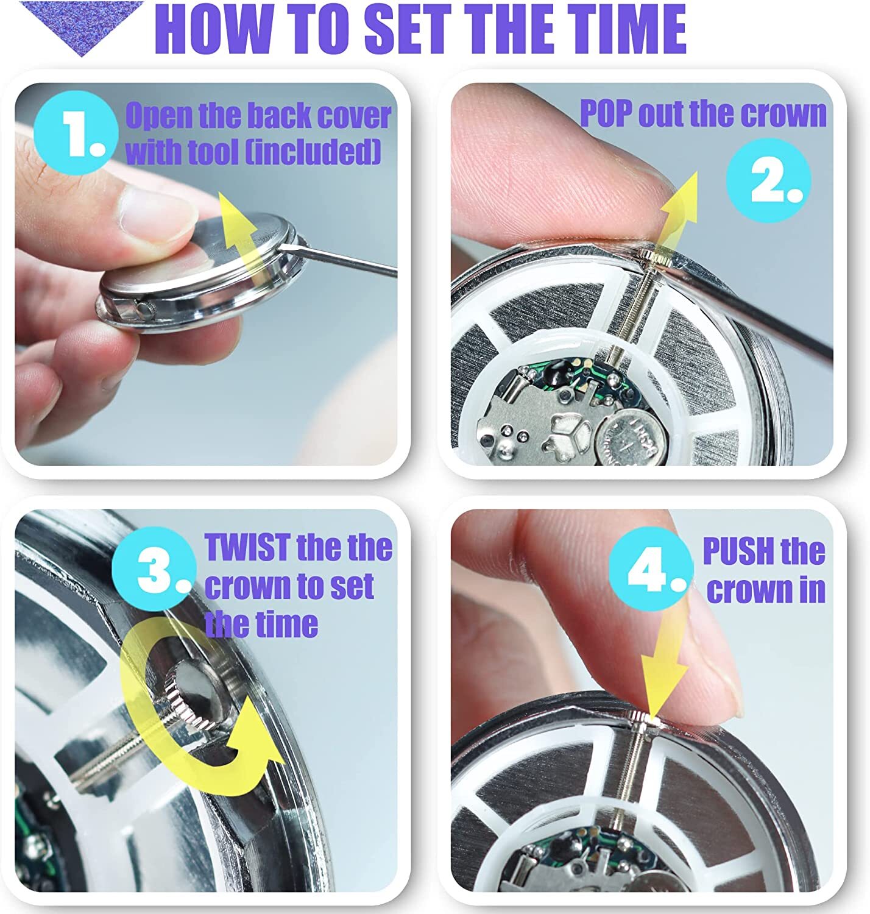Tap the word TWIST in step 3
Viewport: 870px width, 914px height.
pos(247,547)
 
